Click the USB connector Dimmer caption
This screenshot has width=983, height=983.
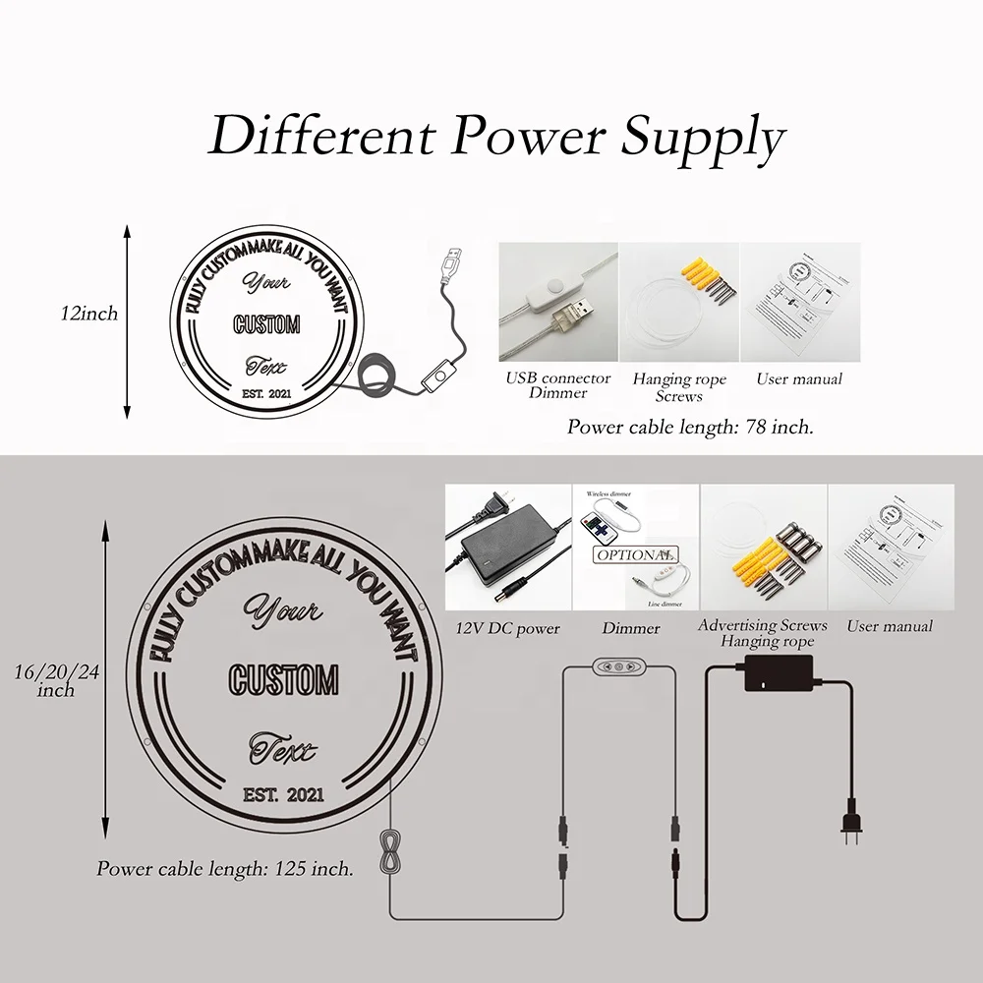[558, 385]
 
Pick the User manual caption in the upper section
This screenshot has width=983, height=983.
[798, 378]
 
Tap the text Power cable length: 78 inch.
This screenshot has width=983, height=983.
[690, 428]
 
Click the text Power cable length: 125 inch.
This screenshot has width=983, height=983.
[225, 869]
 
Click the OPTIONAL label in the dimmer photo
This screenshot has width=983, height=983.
[634, 555]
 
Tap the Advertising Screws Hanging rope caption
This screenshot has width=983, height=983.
[763, 634]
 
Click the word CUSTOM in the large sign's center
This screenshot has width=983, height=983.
[283, 679]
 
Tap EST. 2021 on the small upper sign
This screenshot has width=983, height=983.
[266, 395]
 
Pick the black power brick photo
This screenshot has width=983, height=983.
[507, 548]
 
